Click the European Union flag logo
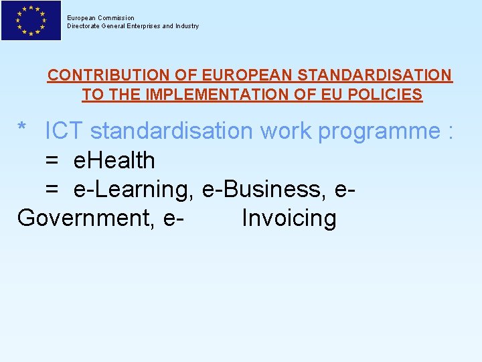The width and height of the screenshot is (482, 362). pyautogui.click(x=31, y=20)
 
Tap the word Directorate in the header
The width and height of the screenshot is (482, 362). pyautogui.click(x=83, y=26)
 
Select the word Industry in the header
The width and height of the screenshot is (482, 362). pyautogui.click(x=186, y=26)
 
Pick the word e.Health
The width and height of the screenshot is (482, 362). pyautogui.click(x=114, y=161)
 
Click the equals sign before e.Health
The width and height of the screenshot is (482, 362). pyautogui.click(x=52, y=161)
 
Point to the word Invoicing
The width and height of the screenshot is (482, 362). pyautogui.click(x=289, y=219)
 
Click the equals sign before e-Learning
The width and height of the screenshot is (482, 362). pyautogui.click(x=52, y=190)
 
